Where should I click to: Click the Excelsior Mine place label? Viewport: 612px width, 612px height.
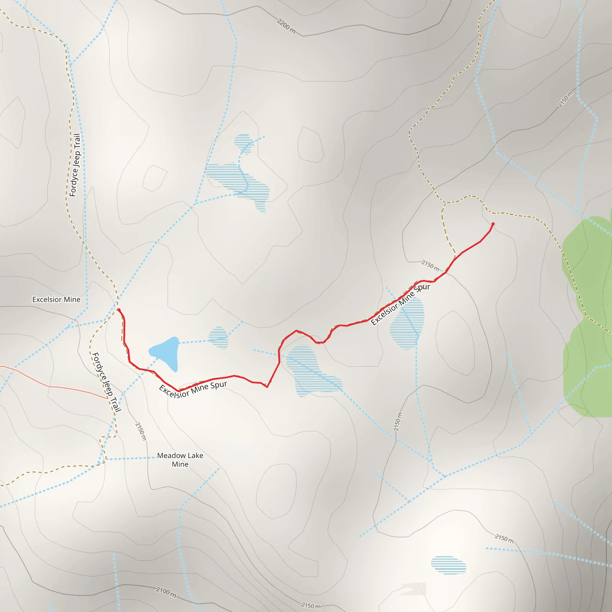click(56, 299)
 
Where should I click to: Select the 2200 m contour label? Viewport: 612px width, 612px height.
click(286, 26)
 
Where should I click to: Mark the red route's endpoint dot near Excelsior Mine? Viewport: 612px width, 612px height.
click(119, 310)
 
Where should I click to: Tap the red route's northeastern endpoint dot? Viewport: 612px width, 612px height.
click(493, 224)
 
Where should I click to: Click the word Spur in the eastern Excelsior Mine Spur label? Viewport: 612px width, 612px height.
click(422, 289)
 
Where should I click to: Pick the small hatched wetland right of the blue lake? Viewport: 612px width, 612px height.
click(218, 338)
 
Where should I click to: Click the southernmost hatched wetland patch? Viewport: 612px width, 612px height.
click(448, 565)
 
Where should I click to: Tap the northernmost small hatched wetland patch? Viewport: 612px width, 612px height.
click(243, 143)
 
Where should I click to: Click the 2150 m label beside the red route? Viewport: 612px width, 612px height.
click(430, 265)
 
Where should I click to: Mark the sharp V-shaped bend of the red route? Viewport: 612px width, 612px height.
click(267, 387)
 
